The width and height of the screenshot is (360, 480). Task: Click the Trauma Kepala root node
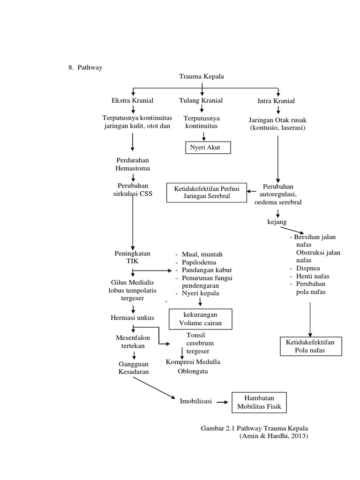click(x=202, y=76)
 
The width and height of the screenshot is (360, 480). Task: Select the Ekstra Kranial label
click(x=132, y=100)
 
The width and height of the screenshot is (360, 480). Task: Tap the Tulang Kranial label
click(x=201, y=100)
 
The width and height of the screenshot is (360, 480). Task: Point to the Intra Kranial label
click(x=276, y=101)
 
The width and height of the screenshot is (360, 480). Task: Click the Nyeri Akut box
click(x=204, y=148)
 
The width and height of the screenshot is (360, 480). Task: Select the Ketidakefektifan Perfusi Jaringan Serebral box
click(x=207, y=192)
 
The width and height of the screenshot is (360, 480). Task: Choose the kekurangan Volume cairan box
click(x=200, y=318)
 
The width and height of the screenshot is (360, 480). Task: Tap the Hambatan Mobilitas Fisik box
click(x=259, y=403)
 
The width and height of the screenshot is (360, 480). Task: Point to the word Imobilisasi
click(x=196, y=401)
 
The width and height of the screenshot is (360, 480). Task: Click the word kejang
click(x=277, y=221)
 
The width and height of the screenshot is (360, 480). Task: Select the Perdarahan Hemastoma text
click(x=133, y=164)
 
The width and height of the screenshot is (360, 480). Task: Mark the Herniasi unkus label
click(x=133, y=318)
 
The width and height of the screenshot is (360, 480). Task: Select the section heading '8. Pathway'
click(x=85, y=67)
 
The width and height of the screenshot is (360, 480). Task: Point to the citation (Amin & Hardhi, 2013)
click(x=274, y=435)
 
